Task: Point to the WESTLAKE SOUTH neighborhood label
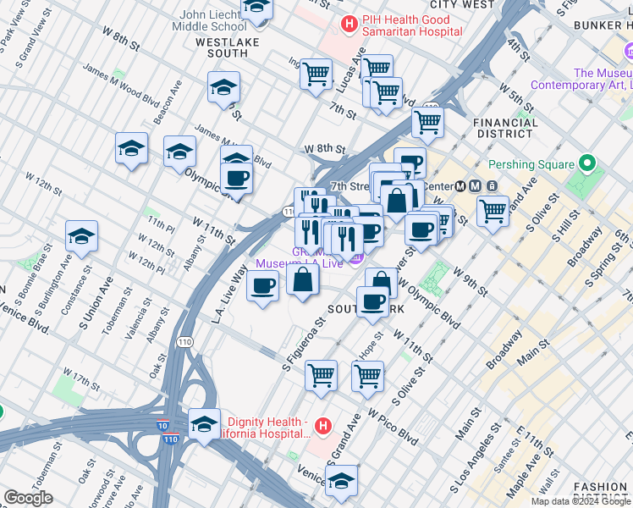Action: click(x=222, y=47)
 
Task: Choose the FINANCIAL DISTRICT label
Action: click(x=506, y=128)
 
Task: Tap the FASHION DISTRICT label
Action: click(x=600, y=494)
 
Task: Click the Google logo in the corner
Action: click(x=28, y=498)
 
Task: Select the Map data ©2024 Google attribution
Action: click(x=581, y=501)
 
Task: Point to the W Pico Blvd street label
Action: click(x=393, y=428)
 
